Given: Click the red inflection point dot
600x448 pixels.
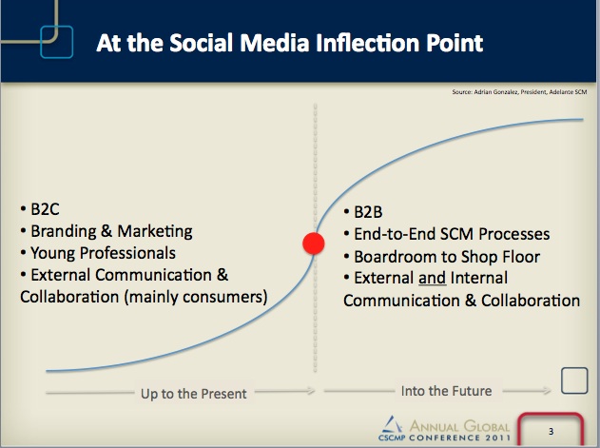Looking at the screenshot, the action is (x=314, y=243).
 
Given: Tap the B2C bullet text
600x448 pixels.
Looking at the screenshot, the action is (x=45, y=209).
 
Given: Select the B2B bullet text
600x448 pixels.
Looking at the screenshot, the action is (x=368, y=212).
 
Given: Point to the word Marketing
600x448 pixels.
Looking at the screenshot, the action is (x=155, y=232).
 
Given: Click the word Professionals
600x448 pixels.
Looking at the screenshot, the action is (x=127, y=253).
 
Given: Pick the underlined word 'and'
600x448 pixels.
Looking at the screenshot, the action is (x=432, y=278).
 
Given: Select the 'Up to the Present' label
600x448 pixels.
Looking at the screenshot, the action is (x=194, y=394).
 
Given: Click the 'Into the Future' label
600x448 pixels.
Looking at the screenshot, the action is (x=446, y=391).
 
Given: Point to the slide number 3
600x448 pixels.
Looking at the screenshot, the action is (x=551, y=432).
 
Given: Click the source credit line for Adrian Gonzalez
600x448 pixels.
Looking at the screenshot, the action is (x=519, y=92).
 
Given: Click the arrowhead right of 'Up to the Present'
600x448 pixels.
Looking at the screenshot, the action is (x=310, y=391).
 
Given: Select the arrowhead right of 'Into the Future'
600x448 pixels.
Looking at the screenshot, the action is (x=547, y=391).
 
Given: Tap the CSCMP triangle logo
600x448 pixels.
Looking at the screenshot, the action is (x=393, y=425).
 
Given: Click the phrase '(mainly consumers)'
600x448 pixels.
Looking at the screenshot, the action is (x=196, y=297).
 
